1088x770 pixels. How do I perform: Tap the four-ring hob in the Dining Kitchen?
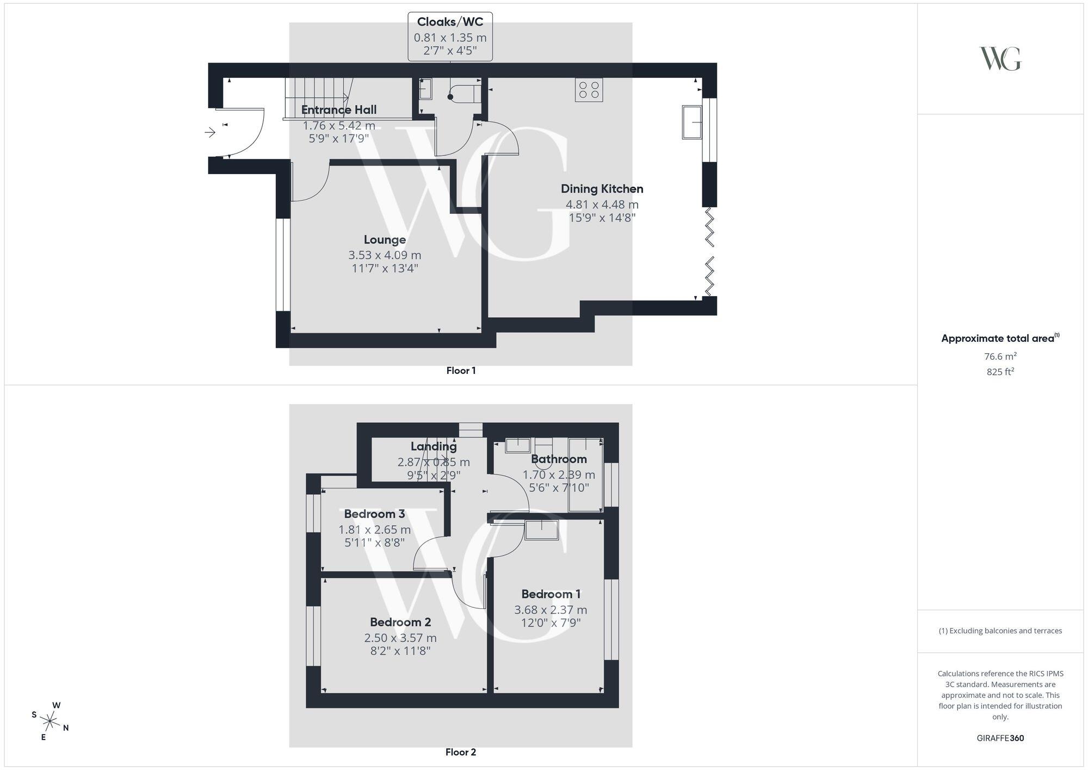click(589, 90)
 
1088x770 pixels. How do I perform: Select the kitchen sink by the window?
click(692, 122)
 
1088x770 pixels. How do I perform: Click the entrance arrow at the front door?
click(210, 132)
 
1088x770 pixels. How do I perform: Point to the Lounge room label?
click(385, 240)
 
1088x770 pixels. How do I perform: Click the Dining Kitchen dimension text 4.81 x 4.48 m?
click(602, 205)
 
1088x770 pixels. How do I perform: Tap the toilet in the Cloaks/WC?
click(465, 94)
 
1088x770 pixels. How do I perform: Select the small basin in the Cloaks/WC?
click(425, 89)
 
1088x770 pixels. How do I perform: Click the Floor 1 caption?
click(461, 371)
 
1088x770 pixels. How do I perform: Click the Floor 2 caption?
click(460, 752)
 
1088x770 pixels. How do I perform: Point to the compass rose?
click(50, 722)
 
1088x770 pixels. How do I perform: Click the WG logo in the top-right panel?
click(1000, 59)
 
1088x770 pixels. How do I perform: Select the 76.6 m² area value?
click(1000, 356)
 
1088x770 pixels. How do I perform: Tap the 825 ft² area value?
click(1000, 372)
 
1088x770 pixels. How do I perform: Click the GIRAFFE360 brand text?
click(1000, 738)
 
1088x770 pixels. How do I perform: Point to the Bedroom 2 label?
click(400, 622)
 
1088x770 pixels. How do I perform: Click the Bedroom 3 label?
click(374, 514)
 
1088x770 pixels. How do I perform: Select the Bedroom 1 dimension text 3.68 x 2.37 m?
click(551, 610)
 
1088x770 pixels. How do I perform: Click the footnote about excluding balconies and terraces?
click(1000, 631)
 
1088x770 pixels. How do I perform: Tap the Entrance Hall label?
click(339, 110)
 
